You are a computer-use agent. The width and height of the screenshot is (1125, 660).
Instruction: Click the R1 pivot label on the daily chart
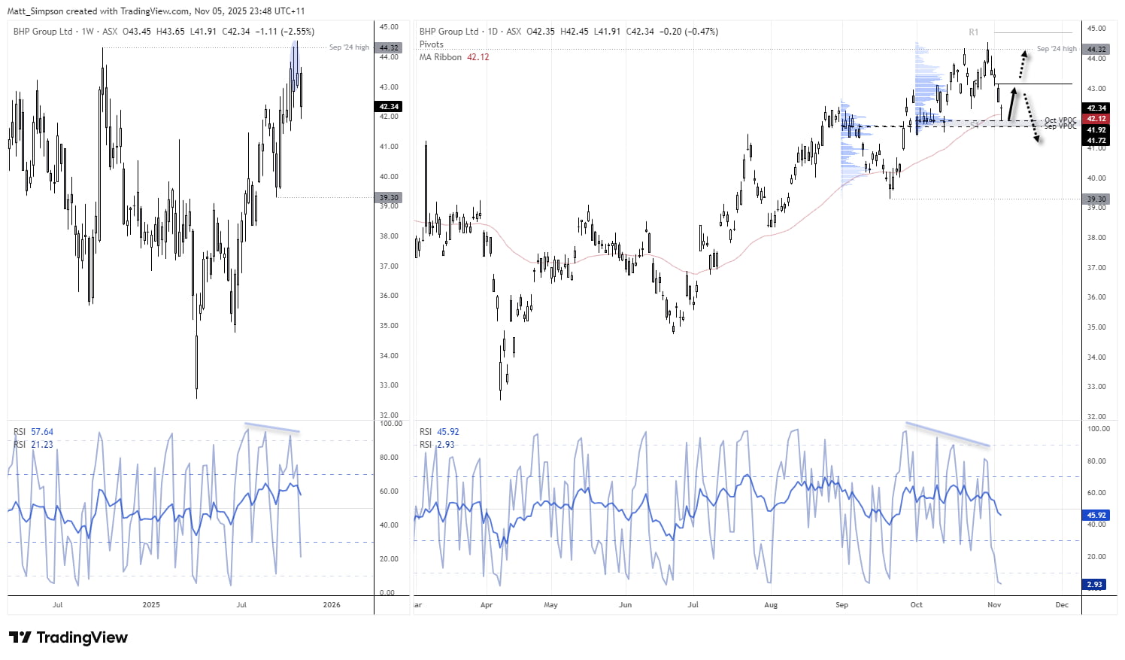tap(973, 32)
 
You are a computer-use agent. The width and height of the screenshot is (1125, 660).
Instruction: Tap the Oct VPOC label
tap(1060, 120)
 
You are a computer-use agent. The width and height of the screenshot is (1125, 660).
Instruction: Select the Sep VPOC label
tap(1060, 126)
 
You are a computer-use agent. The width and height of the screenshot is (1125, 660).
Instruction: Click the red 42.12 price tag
tap(1096, 119)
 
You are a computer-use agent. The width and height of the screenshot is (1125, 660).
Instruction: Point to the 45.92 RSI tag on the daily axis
tap(1096, 516)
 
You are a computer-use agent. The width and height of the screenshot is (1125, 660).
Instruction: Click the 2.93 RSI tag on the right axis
tap(1095, 585)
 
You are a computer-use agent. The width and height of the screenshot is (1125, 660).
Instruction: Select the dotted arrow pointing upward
tap(1021, 65)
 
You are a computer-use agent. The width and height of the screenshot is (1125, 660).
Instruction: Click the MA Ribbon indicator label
tap(441, 57)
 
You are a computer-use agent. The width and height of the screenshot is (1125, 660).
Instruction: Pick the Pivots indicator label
tap(432, 44)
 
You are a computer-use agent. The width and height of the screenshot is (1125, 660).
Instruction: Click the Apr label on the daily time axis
tap(487, 605)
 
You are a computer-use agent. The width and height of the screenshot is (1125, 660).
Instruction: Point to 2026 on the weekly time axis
tap(331, 605)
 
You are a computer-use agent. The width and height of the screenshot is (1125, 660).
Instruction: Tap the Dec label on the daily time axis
tap(1062, 605)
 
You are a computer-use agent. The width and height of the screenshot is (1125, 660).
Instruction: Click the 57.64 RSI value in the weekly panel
tap(42, 432)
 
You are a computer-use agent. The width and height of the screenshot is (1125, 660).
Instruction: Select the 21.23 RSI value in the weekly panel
tap(42, 445)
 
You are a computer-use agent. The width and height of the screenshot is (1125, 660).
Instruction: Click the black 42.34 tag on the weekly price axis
tap(389, 107)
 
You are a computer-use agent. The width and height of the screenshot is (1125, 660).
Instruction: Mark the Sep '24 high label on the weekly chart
tap(349, 47)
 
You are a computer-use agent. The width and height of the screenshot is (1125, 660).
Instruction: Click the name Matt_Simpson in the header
tap(35, 11)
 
